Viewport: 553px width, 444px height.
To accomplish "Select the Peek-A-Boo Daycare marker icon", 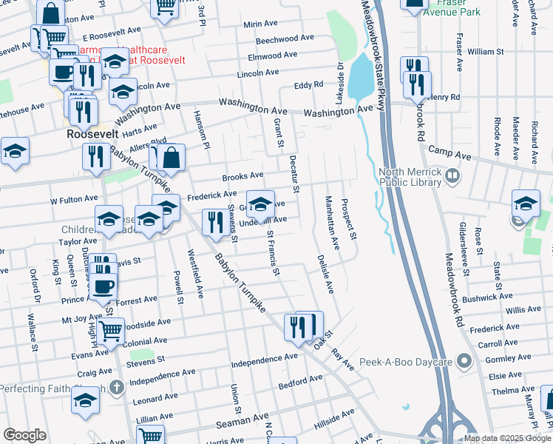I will click(464, 361).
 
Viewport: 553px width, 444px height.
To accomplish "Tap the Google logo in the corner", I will click(24, 435).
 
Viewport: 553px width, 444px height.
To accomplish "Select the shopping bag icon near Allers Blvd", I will click(171, 156).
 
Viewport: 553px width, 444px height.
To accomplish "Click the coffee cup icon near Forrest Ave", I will click(104, 288).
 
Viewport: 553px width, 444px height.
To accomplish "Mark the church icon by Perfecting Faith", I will click(115, 387).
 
